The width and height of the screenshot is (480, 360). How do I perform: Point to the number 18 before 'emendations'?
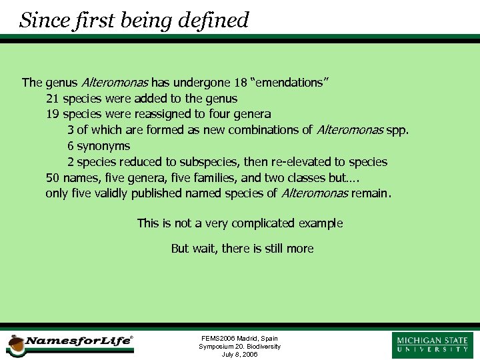[241, 83]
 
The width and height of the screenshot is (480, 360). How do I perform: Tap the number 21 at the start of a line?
[52, 99]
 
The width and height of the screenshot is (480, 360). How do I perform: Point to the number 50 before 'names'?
[52, 178]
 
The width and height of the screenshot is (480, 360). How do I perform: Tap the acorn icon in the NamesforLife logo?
[15, 344]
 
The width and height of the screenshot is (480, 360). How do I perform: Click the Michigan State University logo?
[433, 344]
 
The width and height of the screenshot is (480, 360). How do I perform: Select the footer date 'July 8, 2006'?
[239, 355]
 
